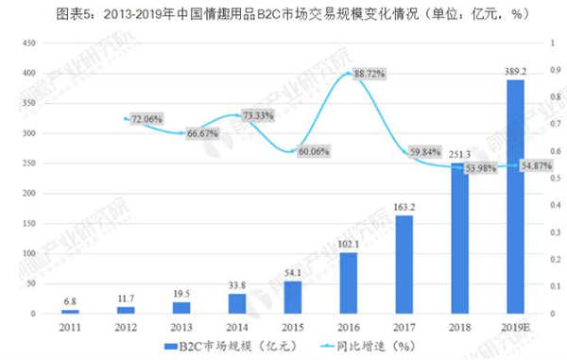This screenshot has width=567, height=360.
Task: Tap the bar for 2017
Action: (x=404, y=265)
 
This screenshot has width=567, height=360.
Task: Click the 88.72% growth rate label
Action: (x=369, y=74)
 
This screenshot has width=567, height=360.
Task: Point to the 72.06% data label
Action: (x=146, y=120)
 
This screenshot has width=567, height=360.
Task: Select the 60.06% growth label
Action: (x=314, y=150)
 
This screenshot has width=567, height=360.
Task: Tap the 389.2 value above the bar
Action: (x=516, y=70)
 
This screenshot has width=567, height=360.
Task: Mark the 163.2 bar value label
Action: (x=404, y=206)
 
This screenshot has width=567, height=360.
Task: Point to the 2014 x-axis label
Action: (x=237, y=326)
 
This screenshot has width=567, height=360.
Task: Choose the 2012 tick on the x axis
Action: (x=127, y=326)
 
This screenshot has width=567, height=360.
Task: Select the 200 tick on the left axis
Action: (x=28, y=194)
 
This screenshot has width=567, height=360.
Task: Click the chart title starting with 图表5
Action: (x=283, y=12)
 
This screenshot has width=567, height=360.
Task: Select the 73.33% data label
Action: (x=257, y=115)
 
